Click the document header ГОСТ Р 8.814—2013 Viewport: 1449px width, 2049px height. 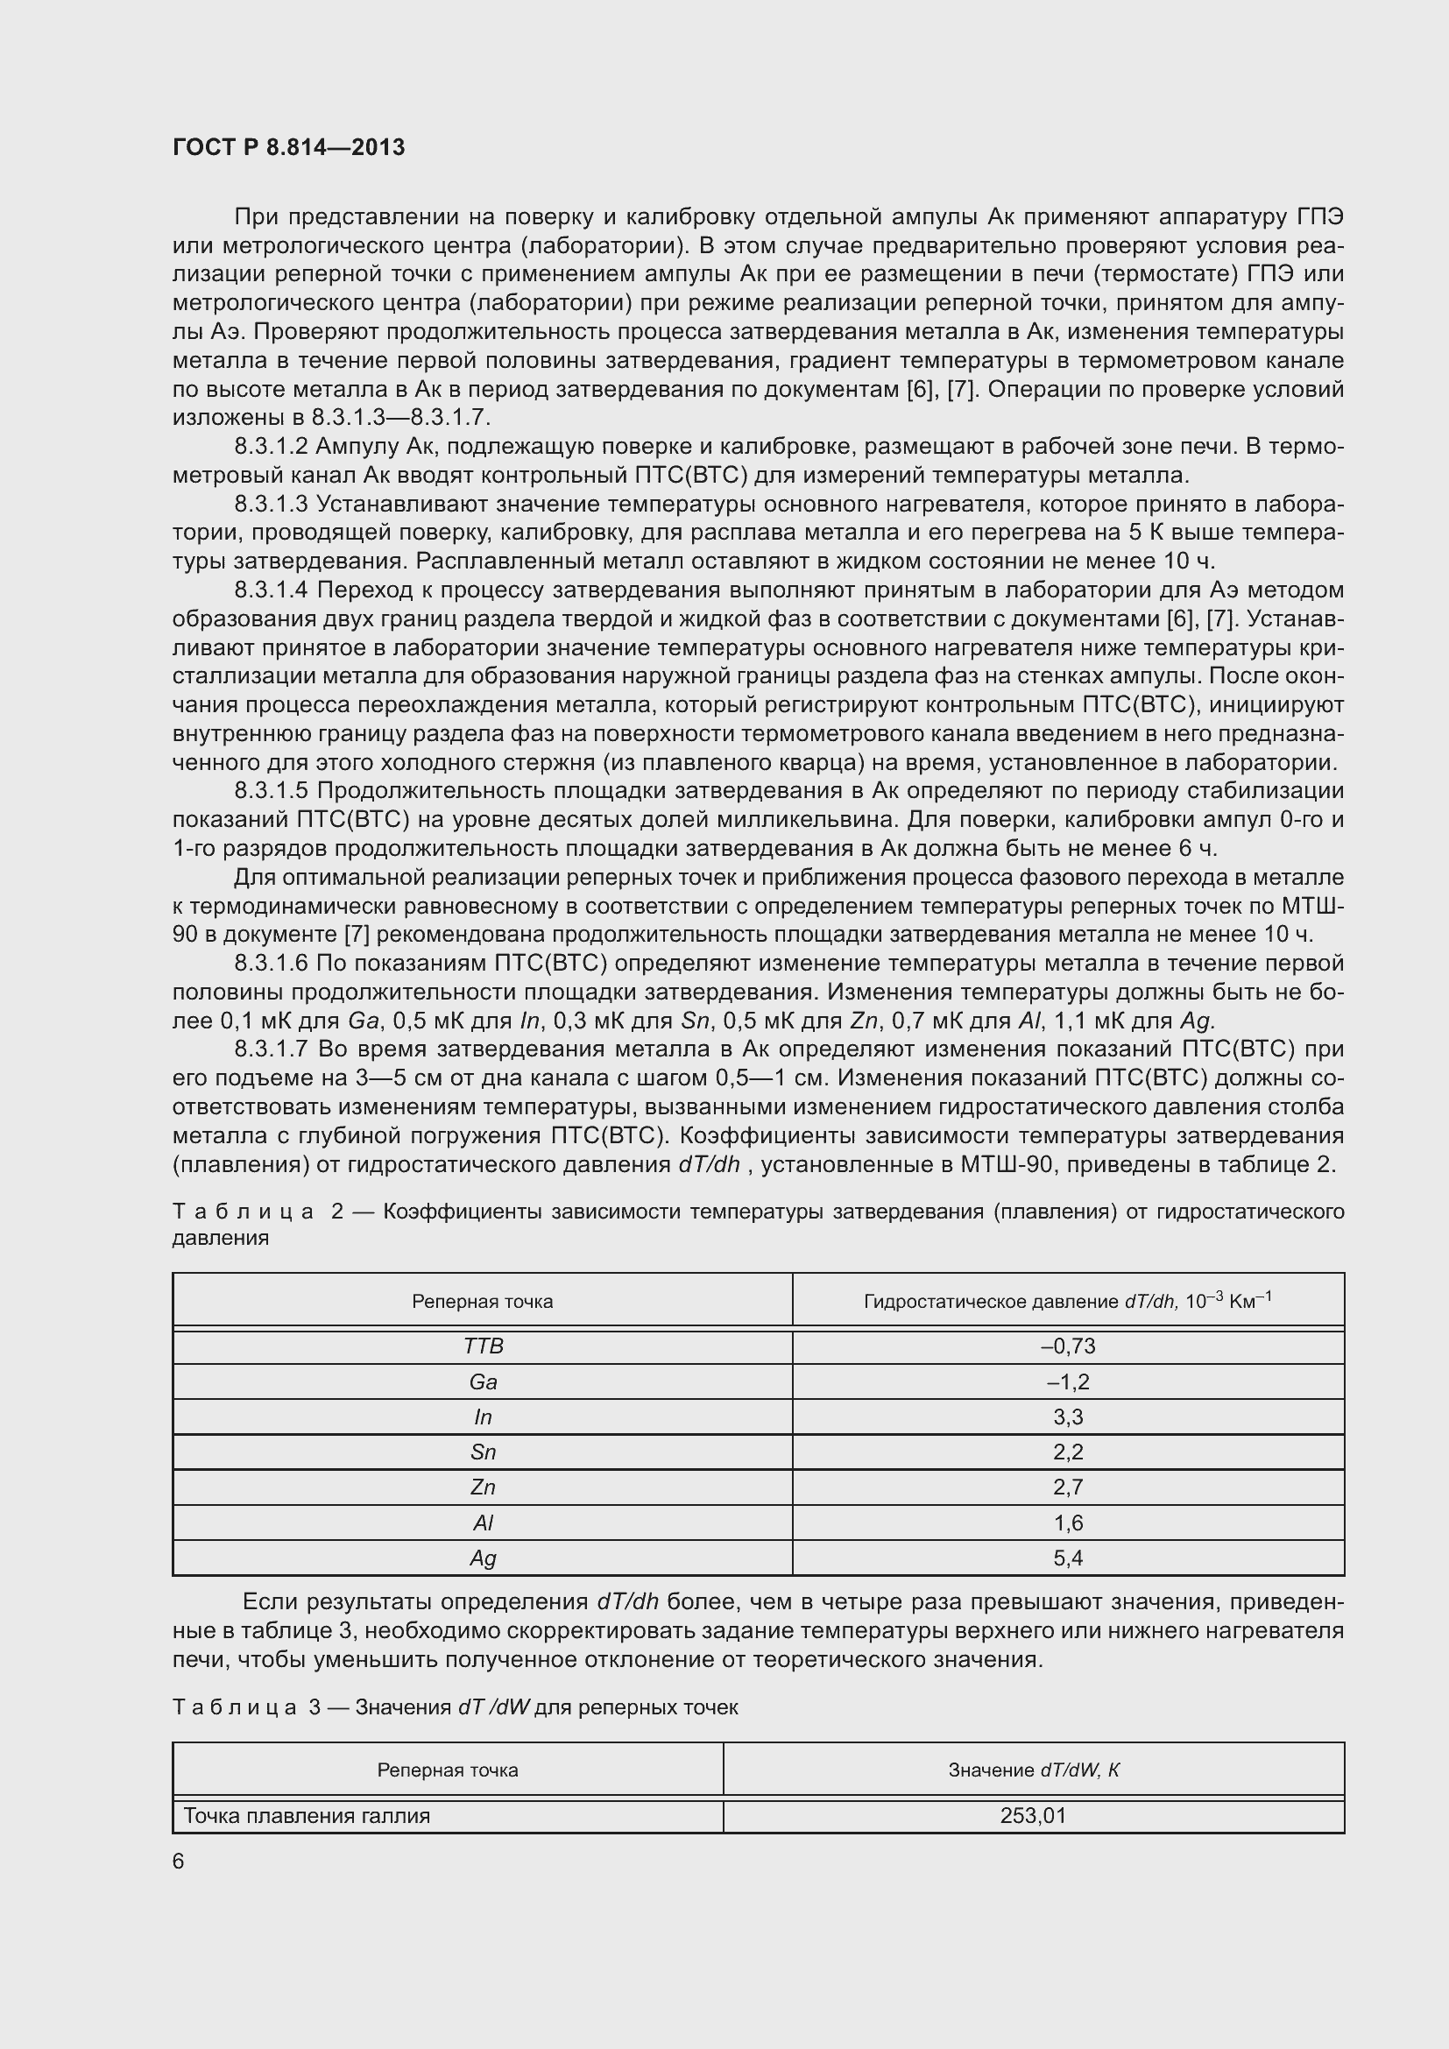click(x=288, y=147)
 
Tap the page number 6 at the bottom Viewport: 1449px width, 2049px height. click(x=179, y=1861)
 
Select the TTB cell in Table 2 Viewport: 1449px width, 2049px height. click(x=483, y=1346)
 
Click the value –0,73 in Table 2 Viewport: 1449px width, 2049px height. click(x=1067, y=1346)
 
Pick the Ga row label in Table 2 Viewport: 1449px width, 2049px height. click(x=483, y=1382)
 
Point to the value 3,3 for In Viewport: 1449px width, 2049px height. click(x=1067, y=1417)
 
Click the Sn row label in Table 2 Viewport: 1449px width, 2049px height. click(x=483, y=1452)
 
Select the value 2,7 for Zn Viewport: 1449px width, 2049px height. click(x=1067, y=1487)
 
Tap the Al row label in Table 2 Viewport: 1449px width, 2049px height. click(x=483, y=1523)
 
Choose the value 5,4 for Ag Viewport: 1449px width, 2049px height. click(x=1067, y=1558)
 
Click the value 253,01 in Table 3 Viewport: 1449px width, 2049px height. click(x=1033, y=1815)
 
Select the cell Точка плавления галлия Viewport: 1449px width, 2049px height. click(x=306, y=1815)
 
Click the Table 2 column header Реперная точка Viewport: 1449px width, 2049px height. click(x=482, y=1301)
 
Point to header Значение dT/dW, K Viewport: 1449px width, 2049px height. click(x=1033, y=1770)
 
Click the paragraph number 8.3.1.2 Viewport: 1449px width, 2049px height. click(x=271, y=446)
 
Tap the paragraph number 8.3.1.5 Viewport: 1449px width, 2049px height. click(x=271, y=791)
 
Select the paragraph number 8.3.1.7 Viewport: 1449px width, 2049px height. click(x=271, y=1049)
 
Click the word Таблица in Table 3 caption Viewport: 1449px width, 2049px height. click(x=234, y=1707)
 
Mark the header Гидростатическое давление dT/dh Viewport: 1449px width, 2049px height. click(x=1067, y=1301)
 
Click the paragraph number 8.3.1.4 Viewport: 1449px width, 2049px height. click(x=271, y=590)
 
